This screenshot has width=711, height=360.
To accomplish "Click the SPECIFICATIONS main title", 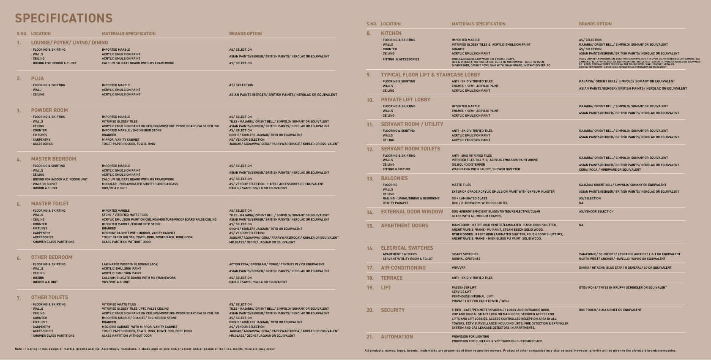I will point(64,18).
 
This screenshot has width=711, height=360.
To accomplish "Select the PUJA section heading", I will point(38,79).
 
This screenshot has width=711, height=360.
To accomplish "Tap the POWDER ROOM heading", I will point(49,110).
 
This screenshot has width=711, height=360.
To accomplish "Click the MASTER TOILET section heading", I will point(50,204).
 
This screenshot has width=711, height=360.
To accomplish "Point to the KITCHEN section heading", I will point(391,33).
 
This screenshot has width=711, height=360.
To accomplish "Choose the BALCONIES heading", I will point(394,178).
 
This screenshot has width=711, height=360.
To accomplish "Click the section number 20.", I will point(370,310).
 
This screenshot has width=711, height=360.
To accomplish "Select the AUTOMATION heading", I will point(397,337).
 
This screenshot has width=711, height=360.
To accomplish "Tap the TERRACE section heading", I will point(392,278).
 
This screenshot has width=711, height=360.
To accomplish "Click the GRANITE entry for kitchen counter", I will point(458,49).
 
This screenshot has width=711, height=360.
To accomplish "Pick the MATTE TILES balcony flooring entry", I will point(461,185).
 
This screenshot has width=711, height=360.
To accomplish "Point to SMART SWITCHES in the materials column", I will point(465,254).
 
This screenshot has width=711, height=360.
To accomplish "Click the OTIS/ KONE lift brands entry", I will point(623,287).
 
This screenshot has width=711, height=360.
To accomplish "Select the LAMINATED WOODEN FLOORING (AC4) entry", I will point(130,264).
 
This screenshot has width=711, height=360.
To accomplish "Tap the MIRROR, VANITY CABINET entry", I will point(120,139).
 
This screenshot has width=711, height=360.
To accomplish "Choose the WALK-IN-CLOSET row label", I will point(45,184).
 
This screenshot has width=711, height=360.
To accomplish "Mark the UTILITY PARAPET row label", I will point(395,203).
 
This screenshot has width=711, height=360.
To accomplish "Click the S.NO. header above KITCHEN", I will point(372,24).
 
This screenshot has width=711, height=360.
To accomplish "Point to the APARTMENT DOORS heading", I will point(405,226).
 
